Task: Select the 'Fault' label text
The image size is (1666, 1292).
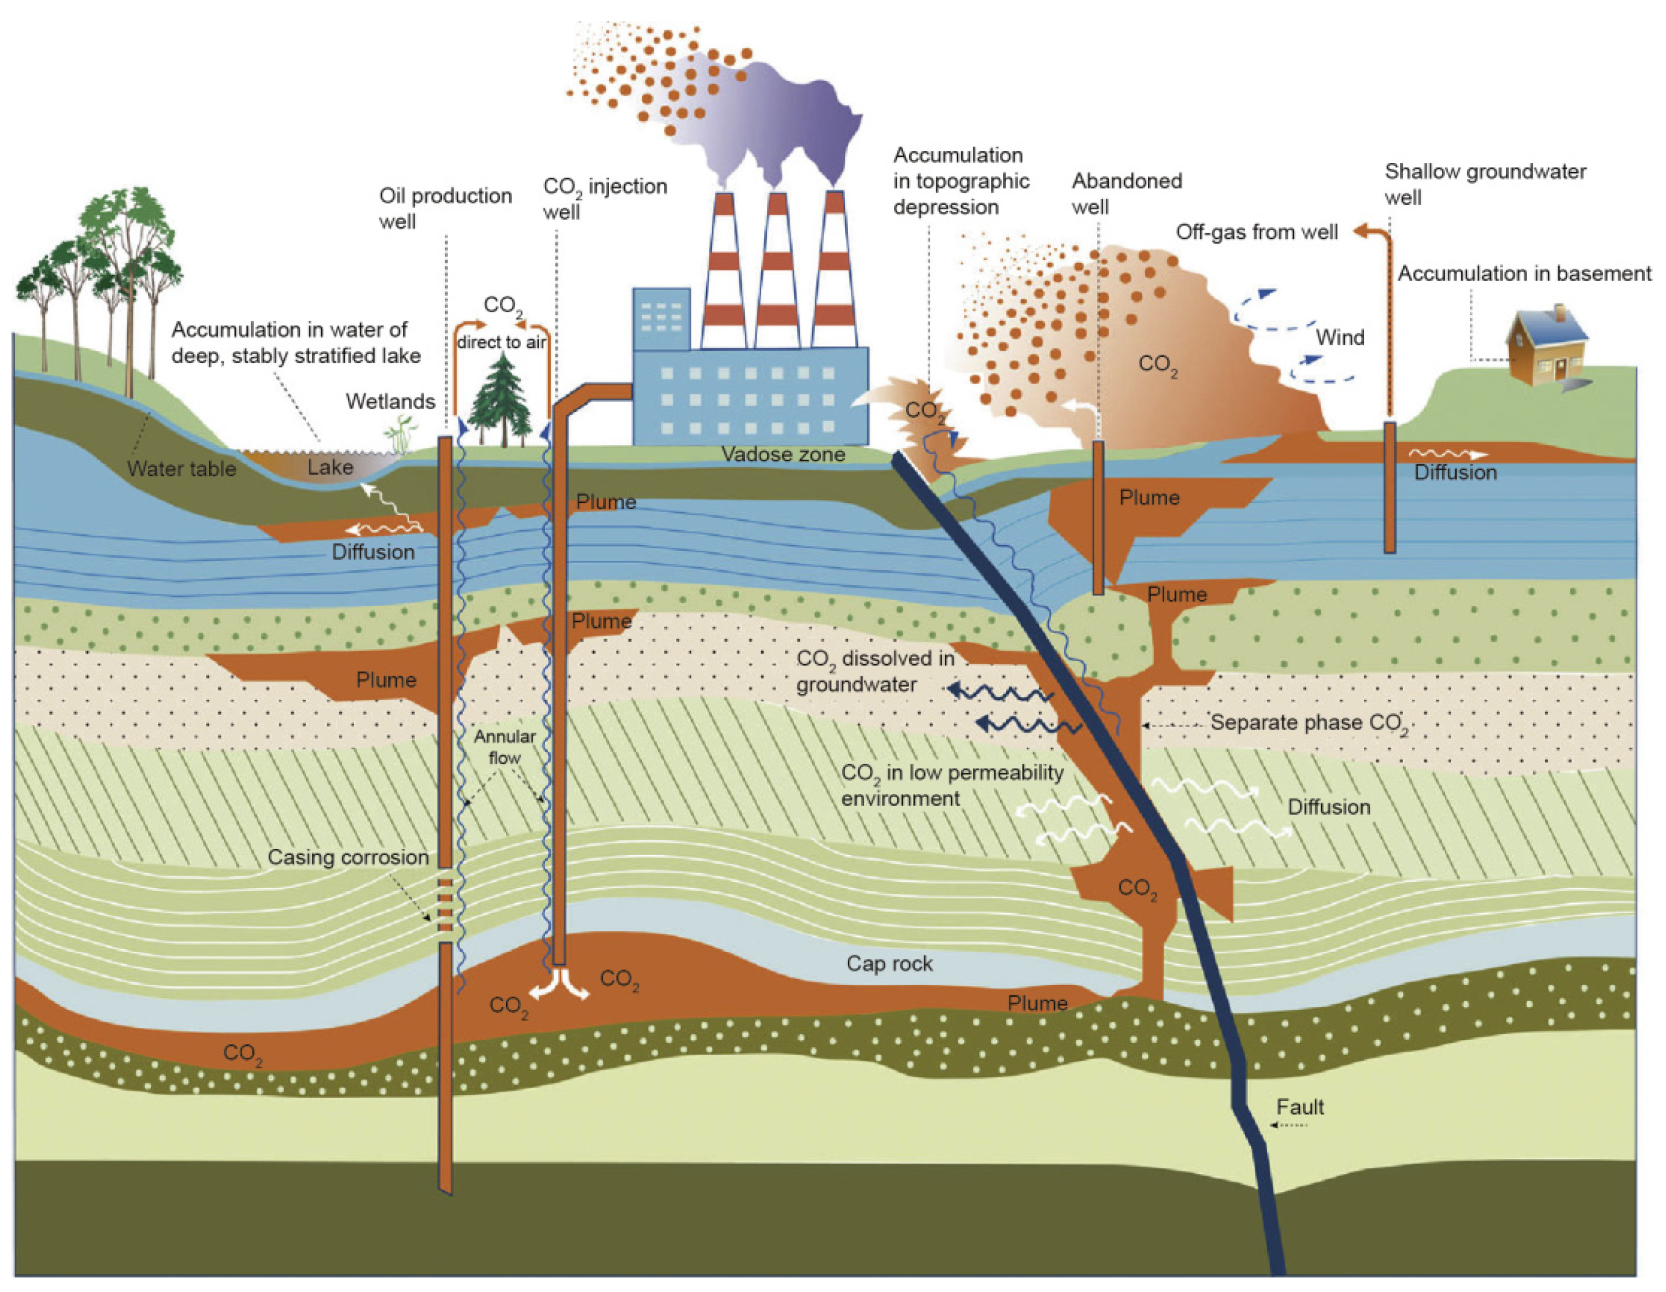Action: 1300,1107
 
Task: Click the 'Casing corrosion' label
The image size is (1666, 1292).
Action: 348,857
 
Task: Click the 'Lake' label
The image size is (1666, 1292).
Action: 330,467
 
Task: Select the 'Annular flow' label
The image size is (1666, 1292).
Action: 504,747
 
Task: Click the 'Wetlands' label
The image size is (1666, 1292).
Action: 390,401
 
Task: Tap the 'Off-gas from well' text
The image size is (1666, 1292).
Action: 1256,232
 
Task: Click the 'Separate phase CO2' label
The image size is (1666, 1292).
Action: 1309,723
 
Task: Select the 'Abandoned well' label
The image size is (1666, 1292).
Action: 1126,194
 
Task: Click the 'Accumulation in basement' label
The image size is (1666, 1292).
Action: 1524,274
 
